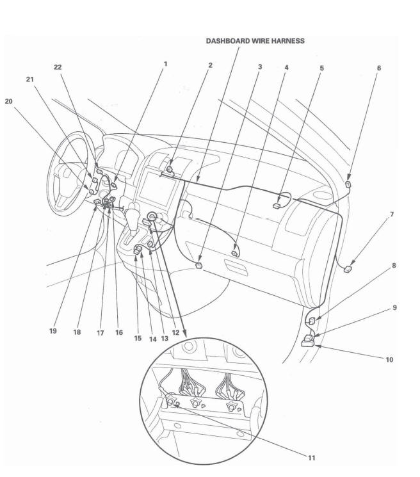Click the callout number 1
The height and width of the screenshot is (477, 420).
pos(165,64)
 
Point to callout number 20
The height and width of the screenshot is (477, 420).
pos(8,101)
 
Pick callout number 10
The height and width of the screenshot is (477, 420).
pos(389,359)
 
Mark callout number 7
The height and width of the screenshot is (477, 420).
pos(392,213)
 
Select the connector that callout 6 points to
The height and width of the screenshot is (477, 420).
pos(348,184)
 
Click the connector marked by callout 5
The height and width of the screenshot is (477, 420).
pos(275,206)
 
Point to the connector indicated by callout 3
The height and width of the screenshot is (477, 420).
pos(200,263)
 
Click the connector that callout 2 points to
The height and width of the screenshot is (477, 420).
pos(171,170)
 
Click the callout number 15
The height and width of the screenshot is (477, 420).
pos(138,338)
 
